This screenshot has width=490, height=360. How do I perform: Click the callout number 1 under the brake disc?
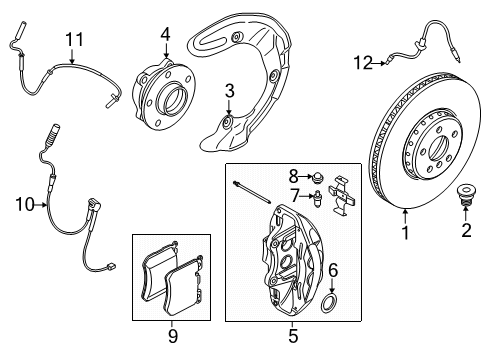tap(405, 234)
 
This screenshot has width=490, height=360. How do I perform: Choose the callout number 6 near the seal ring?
tap(333, 269)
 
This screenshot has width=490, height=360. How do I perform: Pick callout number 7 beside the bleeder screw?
tap(294, 193)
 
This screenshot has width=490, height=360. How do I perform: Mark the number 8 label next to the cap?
tap(294, 174)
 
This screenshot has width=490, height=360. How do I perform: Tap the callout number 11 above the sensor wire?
tap(72, 39)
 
